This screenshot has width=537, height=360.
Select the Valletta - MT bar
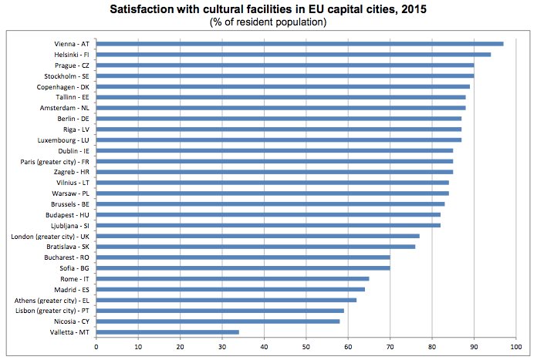167,332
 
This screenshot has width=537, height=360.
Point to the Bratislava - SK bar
255,247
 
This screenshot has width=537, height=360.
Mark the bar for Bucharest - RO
243,257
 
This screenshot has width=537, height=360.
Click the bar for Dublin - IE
275,150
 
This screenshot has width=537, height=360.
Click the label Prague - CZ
69,66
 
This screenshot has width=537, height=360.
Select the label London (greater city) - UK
51,236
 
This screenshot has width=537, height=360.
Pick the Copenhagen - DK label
62,87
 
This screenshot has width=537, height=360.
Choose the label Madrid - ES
70,289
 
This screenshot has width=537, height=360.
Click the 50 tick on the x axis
306,347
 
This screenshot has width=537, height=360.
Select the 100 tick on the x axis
516,347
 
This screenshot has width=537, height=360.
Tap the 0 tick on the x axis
96,347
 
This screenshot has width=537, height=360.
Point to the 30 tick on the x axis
222,347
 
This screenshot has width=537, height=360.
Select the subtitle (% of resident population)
268,22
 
